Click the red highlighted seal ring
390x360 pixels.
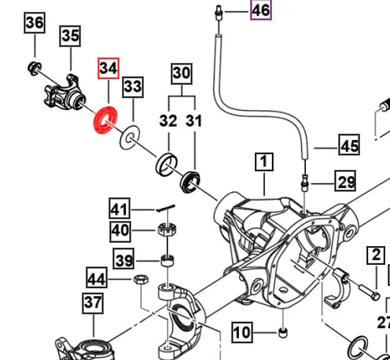(104, 121)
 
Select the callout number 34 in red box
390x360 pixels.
(108, 69)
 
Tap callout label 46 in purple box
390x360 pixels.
(260, 10)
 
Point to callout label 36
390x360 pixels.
(34, 24)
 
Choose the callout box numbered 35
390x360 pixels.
(70, 35)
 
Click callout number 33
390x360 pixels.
(133, 85)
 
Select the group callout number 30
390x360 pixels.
(182, 73)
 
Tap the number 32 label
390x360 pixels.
(168, 121)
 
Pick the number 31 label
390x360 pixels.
(193, 121)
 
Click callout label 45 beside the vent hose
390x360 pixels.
(349, 145)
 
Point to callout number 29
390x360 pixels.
(347, 182)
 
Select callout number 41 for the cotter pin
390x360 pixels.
(119, 210)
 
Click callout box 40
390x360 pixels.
(119, 231)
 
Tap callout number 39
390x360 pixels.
(124, 260)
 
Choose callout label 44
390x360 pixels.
(97, 278)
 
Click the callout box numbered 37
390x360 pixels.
(93, 302)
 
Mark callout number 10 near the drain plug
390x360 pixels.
(241, 333)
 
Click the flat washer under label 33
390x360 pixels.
(126, 141)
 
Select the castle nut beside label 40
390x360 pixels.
(166, 230)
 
